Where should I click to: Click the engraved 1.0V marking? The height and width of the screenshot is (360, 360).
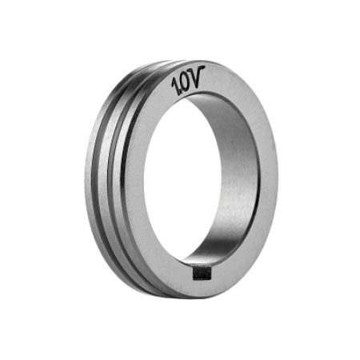point(188,81)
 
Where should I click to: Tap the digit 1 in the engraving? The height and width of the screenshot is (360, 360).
point(175,86)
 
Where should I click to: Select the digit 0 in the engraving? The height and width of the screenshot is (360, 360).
point(185,83)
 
